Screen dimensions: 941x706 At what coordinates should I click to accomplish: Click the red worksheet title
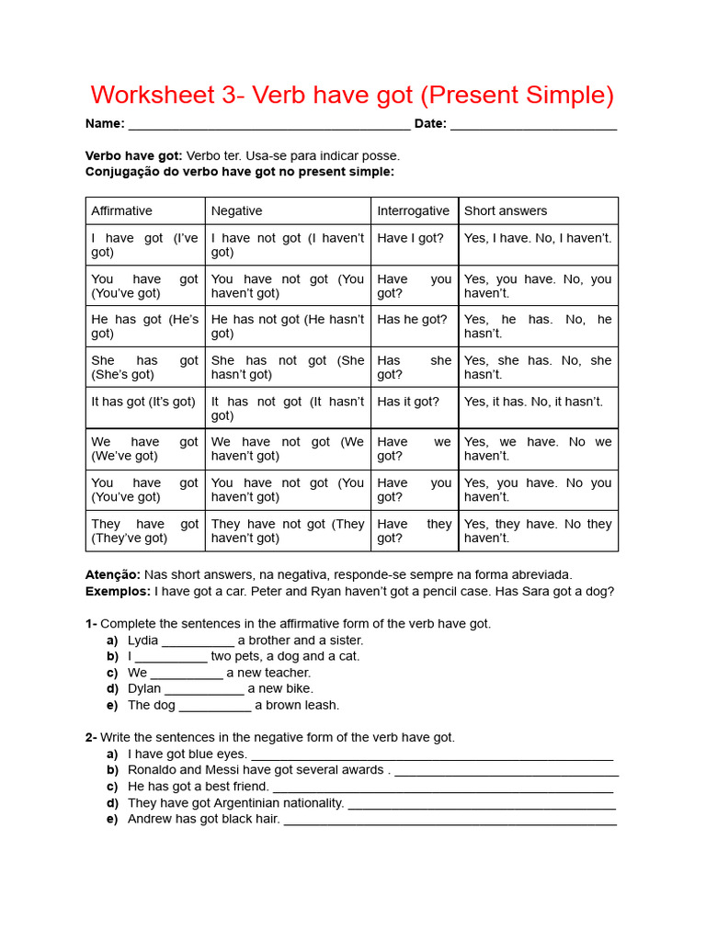coord(352,96)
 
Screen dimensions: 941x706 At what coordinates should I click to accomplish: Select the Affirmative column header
coord(121,210)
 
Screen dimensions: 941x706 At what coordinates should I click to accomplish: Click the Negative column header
coord(236,210)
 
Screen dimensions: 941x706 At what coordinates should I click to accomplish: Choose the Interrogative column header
coord(413,210)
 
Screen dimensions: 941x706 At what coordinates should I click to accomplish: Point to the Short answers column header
coord(505,210)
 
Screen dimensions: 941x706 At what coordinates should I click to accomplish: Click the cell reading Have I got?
coord(410,238)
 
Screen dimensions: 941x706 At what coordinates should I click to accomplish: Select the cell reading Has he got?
coord(412,320)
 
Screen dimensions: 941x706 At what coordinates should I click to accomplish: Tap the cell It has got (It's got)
coord(143,402)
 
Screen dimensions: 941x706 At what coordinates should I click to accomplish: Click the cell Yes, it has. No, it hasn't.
coord(533,402)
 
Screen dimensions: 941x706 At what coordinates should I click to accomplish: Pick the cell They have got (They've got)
coord(144,531)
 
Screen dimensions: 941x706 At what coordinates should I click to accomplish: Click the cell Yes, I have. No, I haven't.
coord(537,238)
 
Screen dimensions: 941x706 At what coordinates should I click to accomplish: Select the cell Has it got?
coord(408,402)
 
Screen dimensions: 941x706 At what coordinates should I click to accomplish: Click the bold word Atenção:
coord(113,574)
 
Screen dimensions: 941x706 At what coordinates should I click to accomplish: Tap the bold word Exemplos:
coord(118,591)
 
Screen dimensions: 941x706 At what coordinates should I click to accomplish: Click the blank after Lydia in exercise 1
coord(198,641)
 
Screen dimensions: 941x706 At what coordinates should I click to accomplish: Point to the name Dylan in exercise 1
coord(144,688)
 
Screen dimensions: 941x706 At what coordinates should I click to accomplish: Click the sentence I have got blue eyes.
coord(188,754)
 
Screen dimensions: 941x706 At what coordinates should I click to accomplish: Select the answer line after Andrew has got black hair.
coord(450,820)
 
